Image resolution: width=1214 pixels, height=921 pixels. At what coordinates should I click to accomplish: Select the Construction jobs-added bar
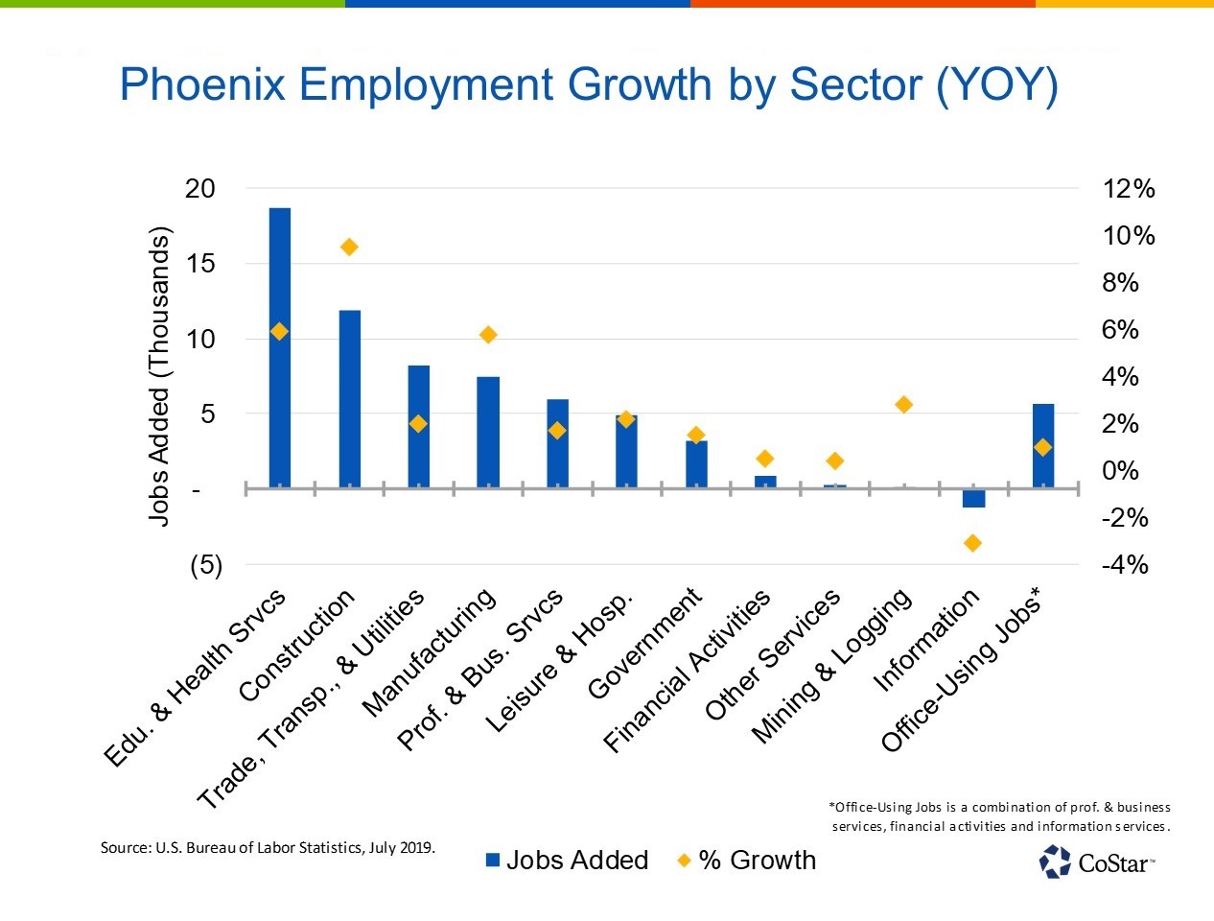pyautogui.click(x=349, y=399)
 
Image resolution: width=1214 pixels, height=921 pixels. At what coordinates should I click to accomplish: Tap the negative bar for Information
pyautogui.click(x=973, y=498)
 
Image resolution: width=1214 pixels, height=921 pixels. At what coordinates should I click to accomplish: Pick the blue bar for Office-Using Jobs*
pyautogui.click(x=1043, y=446)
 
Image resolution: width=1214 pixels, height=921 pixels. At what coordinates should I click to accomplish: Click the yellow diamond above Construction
pyautogui.click(x=349, y=248)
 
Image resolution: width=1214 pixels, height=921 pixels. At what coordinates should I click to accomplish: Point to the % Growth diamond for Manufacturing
pyautogui.click(x=488, y=335)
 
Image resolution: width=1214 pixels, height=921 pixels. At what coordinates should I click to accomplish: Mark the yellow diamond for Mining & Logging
pyautogui.click(x=903, y=405)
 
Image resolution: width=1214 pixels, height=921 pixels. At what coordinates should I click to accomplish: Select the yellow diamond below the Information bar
pyautogui.click(x=972, y=543)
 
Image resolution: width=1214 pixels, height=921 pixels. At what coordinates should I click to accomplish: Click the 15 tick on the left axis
pyautogui.click(x=199, y=264)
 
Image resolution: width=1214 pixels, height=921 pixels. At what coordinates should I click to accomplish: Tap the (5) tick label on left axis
pyautogui.click(x=205, y=565)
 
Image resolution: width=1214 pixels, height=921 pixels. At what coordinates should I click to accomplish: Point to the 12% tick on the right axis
pyautogui.click(x=1129, y=189)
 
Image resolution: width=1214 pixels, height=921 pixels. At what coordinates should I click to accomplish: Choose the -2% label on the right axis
pyautogui.click(x=1125, y=518)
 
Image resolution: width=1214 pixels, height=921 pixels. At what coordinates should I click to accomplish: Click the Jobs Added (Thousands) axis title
pyautogui.click(x=159, y=376)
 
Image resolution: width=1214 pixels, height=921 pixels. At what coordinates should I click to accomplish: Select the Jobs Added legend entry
pyautogui.click(x=567, y=861)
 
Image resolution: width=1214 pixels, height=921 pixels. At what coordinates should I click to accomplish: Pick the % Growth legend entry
pyautogui.click(x=747, y=861)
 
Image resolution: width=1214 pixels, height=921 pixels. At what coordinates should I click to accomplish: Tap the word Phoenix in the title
pyautogui.click(x=203, y=85)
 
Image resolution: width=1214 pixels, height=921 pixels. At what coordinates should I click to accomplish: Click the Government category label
pyautogui.click(x=644, y=645)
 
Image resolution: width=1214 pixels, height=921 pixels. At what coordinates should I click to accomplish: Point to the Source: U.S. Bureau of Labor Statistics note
pyautogui.click(x=268, y=848)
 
